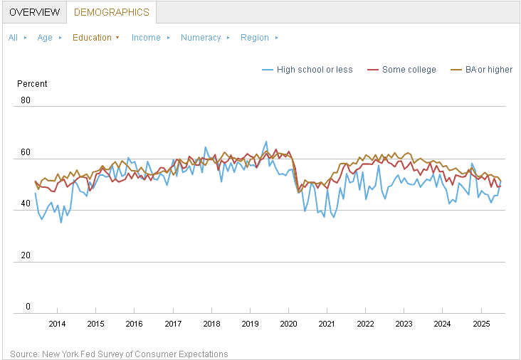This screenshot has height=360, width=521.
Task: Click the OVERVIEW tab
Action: (x=35, y=12)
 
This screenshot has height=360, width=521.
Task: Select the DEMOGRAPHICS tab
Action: (x=111, y=12)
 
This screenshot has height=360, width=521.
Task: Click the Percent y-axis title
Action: (x=32, y=84)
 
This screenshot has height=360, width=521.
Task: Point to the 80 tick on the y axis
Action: (x=26, y=100)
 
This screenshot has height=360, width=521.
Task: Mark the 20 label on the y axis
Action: (x=26, y=255)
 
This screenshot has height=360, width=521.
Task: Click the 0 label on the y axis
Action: (x=28, y=306)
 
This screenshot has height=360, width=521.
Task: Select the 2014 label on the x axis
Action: (x=57, y=324)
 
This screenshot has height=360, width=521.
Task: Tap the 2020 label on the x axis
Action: (x=288, y=324)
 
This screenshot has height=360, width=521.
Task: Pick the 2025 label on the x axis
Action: (x=481, y=324)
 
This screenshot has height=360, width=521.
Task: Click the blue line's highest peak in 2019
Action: (x=266, y=141)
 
